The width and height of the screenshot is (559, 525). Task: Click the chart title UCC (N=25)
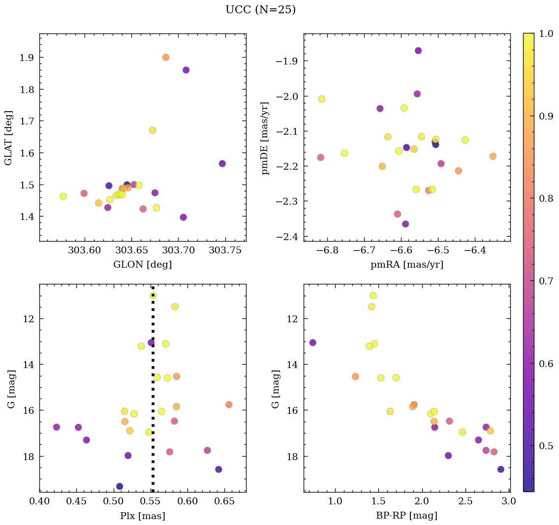coord(260,10)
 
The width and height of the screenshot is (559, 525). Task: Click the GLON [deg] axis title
coord(142,265)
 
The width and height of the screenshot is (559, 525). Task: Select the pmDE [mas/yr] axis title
coord(266,137)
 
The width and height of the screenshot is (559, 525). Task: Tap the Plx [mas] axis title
coord(142,516)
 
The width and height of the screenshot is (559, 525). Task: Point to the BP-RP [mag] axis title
coord(406,516)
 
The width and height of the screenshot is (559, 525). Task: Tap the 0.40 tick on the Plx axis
coord(40,501)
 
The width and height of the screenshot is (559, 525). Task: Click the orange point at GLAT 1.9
coord(166,57)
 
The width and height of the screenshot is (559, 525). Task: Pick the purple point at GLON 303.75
coord(222,163)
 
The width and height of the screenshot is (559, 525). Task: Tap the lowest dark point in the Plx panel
coord(120,486)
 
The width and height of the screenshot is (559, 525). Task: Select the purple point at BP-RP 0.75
coord(312,342)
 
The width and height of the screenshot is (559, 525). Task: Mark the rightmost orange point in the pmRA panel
coord(493,156)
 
